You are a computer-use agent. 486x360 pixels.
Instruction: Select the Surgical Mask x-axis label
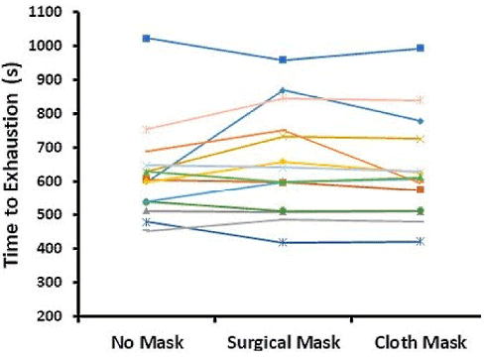point(284,340)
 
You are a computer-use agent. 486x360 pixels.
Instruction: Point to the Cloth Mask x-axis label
point(421,340)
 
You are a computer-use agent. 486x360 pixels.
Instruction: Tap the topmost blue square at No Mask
point(146,38)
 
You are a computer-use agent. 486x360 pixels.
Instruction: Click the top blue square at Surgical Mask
point(284,60)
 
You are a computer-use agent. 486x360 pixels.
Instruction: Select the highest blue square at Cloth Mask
point(421,48)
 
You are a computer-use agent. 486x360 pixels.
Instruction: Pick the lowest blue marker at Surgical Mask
point(284,242)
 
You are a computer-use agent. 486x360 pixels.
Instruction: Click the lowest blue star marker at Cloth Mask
point(421,241)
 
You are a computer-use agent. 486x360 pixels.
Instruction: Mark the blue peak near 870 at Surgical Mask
point(284,90)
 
